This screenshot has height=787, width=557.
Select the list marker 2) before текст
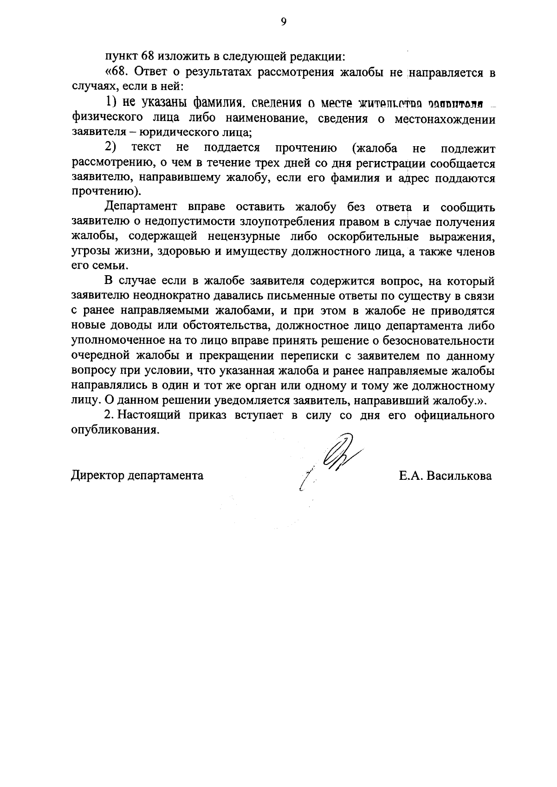click(x=110, y=148)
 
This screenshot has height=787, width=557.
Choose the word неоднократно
click(x=168, y=296)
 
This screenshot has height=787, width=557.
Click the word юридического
click(x=172, y=133)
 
